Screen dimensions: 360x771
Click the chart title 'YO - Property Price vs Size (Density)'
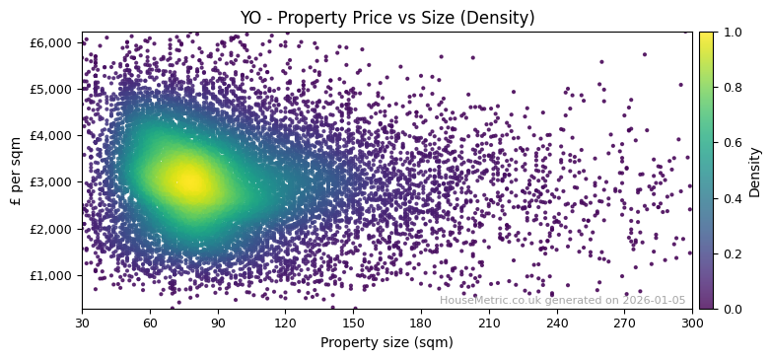pos(386,18)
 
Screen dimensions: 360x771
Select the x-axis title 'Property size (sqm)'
pos(386,343)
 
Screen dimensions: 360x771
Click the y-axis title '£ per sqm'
pos(17,171)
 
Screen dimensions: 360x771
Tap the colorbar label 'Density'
pos(754,171)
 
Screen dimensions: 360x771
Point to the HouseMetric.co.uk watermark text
pos(562,301)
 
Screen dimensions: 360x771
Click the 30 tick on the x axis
pos(82,323)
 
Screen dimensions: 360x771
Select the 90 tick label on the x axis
pos(218,323)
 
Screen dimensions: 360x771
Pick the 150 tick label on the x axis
pos(353,323)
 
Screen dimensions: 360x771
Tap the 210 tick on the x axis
pos(489,323)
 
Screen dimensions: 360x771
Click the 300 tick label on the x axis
pos(692,323)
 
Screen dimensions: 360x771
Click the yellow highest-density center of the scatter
pos(187,180)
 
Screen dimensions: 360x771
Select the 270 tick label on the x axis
pos(624,323)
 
